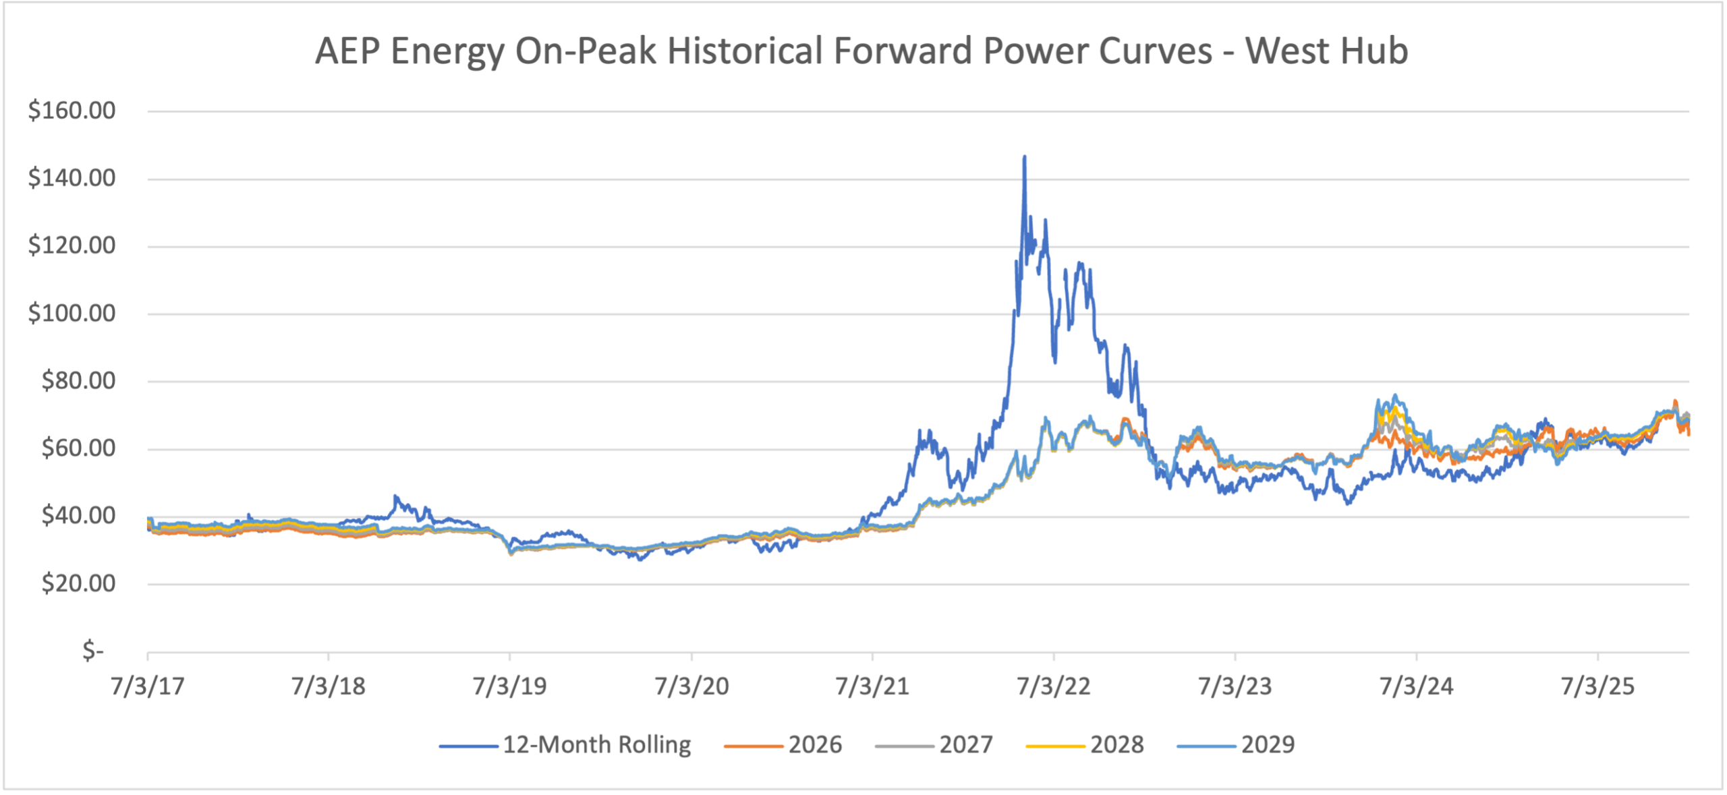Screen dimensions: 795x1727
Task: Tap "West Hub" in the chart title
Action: coord(1326,51)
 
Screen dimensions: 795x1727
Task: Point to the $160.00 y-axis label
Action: coord(72,111)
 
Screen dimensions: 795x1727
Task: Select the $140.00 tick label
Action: coord(72,178)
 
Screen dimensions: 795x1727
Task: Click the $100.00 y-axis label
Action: coord(72,314)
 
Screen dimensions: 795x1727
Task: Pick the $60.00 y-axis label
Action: coord(78,448)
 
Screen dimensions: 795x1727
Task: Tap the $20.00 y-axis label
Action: coord(78,583)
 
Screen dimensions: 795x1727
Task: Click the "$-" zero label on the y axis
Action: coord(92,651)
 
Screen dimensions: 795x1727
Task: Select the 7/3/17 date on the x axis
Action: coord(148,686)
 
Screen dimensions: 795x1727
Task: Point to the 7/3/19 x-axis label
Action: coord(509,686)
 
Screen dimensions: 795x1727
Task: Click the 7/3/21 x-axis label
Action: coord(872,686)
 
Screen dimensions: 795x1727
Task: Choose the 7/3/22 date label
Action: coord(1053,686)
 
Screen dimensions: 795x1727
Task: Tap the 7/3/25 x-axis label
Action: coord(1597,686)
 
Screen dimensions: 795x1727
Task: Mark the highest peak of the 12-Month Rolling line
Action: coord(1025,157)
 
